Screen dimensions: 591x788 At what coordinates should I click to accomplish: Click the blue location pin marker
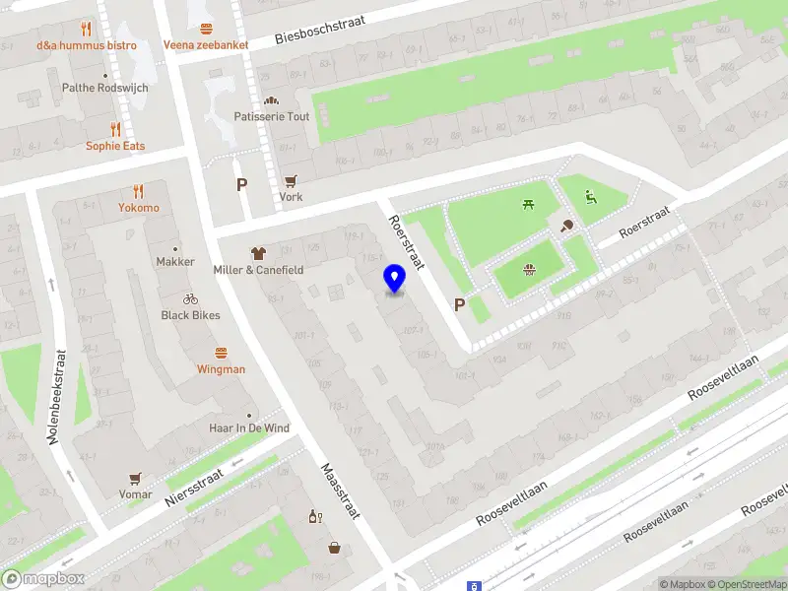[x=395, y=279]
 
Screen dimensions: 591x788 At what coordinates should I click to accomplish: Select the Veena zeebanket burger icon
[x=206, y=29]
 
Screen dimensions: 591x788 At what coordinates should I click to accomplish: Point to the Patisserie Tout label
[x=272, y=116]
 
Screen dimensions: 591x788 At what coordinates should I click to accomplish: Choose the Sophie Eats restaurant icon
[x=115, y=129]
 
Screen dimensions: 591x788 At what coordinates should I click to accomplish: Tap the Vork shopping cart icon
[x=291, y=180]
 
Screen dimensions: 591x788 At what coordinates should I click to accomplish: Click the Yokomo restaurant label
[x=139, y=208]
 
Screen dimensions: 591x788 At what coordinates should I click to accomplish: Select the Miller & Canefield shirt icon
[x=259, y=253]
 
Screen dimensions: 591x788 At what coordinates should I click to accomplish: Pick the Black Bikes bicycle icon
[x=190, y=298]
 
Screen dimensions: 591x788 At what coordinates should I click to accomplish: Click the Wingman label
[x=221, y=369]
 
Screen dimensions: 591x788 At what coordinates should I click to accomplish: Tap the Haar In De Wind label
[x=249, y=428]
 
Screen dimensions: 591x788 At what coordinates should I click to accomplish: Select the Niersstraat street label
[x=195, y=486]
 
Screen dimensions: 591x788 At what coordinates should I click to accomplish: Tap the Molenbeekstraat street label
[x=58, y=396]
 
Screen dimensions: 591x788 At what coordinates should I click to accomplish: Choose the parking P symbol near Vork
[x=242, y=184]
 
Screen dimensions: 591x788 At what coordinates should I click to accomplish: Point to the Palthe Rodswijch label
[x=105, y=88]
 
